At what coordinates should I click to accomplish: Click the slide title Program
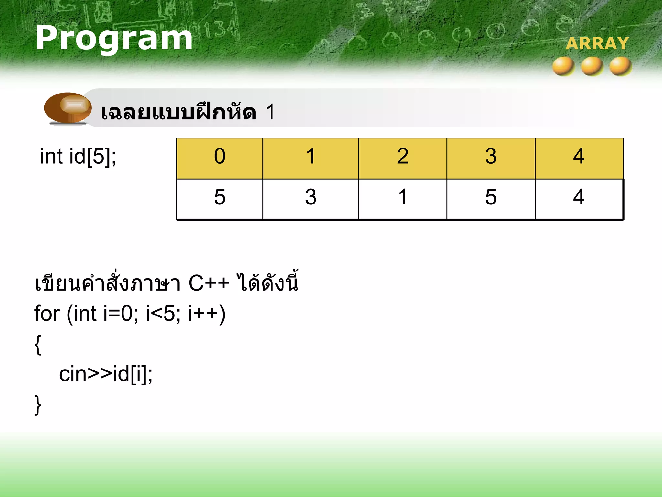[114, 38]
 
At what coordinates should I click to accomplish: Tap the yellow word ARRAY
[597, 43]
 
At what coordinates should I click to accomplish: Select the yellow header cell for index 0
[220, 159]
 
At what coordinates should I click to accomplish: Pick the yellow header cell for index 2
[403, 159]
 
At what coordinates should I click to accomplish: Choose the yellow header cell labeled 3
[491, 159]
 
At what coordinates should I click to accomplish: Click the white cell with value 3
[311, 199]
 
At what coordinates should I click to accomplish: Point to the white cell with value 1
[403, 199]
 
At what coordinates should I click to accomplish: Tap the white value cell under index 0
[220, 199]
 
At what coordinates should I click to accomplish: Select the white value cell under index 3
[491, 199]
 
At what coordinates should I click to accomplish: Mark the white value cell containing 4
[579, 199]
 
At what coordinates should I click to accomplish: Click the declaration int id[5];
[78, 157]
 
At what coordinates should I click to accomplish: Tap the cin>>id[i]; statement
[106, 374]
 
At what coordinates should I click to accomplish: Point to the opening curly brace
[38, 345]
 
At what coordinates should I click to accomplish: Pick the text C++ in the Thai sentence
[208, 283]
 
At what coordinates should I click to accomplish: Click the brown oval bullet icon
[68, 107]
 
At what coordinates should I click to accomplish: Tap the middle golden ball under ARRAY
[592, 66]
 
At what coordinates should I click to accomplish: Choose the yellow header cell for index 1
[311, 159]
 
